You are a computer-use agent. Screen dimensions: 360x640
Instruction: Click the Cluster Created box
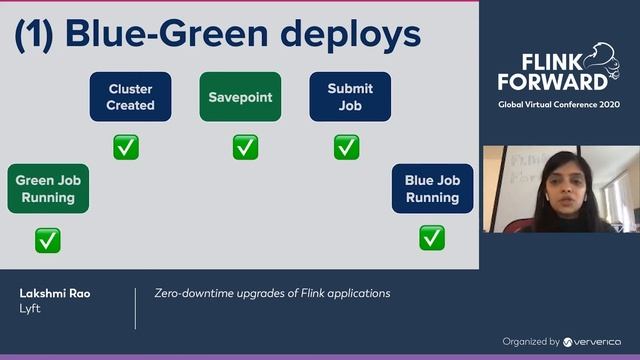pos(131,96)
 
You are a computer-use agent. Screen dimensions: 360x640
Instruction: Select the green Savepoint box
pos(240,97)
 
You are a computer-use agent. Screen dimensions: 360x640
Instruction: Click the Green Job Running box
pos(48,188)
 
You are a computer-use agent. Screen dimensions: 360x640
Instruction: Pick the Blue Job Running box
pos(432,188)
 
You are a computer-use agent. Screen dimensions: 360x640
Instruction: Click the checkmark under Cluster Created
pos(126,147)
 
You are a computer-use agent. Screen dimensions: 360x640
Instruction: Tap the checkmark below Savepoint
pos(245,147)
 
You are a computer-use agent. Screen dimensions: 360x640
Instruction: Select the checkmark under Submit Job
pos(346,147)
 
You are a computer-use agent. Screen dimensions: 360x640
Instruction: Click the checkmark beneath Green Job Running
pos(47,240)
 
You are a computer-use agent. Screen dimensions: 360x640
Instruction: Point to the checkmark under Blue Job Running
pos(432,238)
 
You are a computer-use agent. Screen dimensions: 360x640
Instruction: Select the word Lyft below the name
pos(30,309)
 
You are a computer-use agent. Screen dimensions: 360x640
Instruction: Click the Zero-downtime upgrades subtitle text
pos(272,293)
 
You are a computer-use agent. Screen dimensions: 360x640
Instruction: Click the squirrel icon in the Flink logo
pos(601,58)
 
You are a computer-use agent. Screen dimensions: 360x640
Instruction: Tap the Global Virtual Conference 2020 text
pos(559,104)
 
